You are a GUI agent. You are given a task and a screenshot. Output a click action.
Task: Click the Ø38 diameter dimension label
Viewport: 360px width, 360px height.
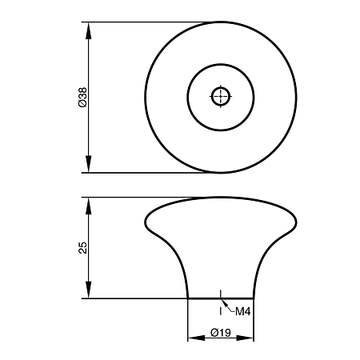coord(82,97)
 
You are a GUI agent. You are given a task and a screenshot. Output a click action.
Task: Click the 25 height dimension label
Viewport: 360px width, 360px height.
coord(83,248)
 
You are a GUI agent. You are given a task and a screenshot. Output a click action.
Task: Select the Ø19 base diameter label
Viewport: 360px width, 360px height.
coord(221,333)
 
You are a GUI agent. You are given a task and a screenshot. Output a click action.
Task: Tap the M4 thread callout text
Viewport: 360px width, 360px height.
coord(242,311)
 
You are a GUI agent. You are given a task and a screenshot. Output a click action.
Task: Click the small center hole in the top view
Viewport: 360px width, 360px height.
coord(221,96)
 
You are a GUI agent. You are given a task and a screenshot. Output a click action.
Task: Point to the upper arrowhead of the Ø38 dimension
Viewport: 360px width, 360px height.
coord(89,30)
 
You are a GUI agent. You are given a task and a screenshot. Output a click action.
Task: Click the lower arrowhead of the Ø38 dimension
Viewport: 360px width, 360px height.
coord(89,164)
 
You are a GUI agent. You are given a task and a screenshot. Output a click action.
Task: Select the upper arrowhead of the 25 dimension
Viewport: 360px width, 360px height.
coord(89,206)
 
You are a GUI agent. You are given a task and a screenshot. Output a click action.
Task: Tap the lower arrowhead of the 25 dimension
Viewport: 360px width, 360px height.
coord(89,290)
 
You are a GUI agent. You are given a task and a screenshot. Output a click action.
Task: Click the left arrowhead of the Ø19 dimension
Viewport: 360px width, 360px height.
coord(197,338)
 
